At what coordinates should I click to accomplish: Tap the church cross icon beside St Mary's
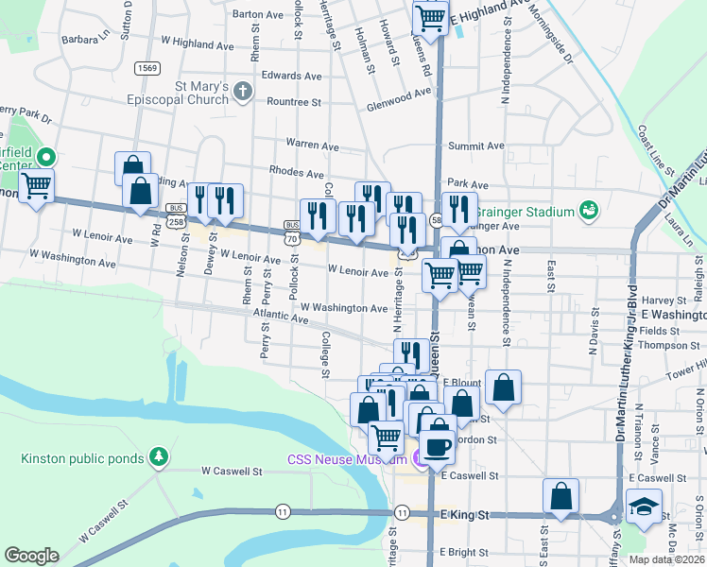click(x=244, y=92)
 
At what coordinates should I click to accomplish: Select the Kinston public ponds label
click(x=82, y=459)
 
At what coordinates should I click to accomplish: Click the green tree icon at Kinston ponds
click(x=159, y=458)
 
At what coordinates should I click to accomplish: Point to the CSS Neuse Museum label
click(x=348, y=459)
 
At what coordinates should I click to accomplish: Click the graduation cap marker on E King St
click(x=645, y=507)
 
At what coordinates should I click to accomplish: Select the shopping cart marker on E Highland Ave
click(x=431, y=18)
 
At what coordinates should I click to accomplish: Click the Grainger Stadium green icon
click(x=590, y=208)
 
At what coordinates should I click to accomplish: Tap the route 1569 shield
click(x=147, y=67)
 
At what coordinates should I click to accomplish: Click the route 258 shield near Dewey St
click(x=176, y=220)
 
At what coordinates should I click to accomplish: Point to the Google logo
click(x=31, y=556)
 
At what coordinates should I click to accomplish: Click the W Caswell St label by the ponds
click(x=231, y=470)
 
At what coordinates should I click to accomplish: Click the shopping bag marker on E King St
click(x=561, y=496)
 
